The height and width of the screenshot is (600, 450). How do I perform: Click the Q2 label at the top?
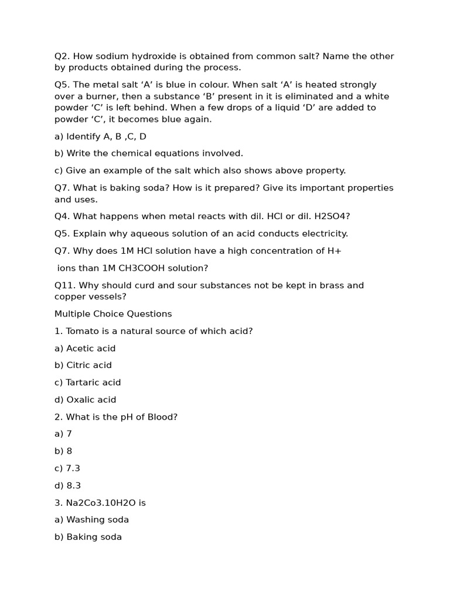62,56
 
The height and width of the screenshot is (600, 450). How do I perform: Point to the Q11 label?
64,285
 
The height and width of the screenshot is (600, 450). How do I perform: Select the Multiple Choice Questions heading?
113,313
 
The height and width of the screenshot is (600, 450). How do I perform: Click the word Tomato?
83,331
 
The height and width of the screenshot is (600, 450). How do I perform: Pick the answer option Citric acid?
89,365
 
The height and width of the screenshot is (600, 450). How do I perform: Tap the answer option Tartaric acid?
93,382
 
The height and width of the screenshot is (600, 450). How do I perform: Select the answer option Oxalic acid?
91,400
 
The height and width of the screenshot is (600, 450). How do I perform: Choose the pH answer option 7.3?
73,468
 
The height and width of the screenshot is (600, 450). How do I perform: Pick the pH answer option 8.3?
74,485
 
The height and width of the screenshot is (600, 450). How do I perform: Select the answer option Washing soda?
97,520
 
